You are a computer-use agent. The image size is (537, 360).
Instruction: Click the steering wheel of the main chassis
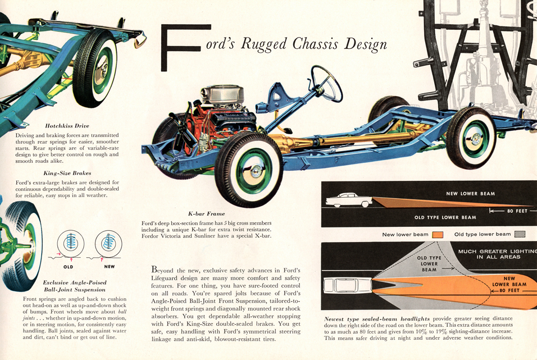point(327,83)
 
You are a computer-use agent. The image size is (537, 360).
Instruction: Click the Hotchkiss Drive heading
point(67,126)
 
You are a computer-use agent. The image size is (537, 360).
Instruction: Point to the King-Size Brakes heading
point(67,173)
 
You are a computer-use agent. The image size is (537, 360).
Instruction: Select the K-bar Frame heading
point(206,213)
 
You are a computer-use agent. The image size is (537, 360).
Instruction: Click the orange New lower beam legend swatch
point(439,234)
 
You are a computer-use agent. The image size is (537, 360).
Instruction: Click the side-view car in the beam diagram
point(349,200)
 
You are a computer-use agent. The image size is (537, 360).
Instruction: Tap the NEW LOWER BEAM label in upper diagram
point(470,194)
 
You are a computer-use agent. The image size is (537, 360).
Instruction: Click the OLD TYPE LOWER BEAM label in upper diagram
point(445,217)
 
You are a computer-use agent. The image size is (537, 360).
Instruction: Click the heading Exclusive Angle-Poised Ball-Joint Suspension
point(74,285)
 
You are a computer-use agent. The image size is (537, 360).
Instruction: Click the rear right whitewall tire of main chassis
point(471,137)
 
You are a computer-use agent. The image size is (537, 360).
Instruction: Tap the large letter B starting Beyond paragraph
point(155,269)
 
